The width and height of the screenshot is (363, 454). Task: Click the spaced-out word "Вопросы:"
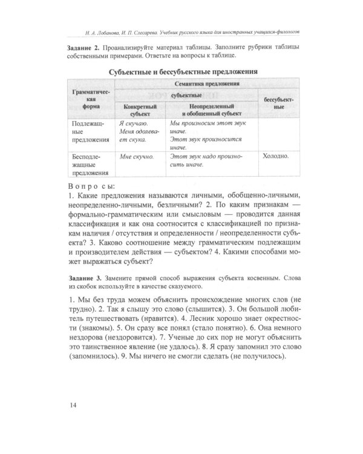(x=91, y=186)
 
